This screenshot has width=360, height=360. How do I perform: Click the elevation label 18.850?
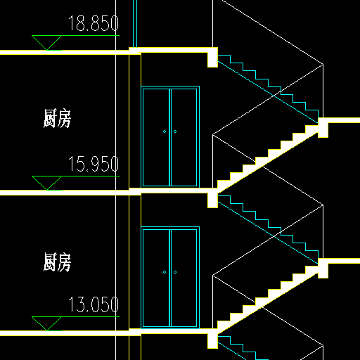pos(94,23)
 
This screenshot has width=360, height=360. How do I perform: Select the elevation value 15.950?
pos(94,164)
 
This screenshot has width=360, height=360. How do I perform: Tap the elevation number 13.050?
pos(94,304)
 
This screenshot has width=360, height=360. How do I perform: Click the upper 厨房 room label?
pos(57,118)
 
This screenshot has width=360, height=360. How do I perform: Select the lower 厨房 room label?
pos(57,262)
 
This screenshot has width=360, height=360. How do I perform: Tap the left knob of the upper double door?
pos(165,131)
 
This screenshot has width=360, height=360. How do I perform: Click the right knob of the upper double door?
pos(175,131)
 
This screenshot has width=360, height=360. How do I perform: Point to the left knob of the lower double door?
pos(165,272)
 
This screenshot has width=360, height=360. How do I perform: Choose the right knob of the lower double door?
pos(175,272)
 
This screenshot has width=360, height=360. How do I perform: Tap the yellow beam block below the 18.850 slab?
pos(212,60)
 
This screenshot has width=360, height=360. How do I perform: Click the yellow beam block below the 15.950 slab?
pos(212,200)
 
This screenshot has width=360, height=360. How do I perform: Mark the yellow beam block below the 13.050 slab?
pos(212,341)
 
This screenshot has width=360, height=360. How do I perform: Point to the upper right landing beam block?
pos(323,130)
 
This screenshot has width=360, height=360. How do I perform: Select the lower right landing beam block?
pos(323,271)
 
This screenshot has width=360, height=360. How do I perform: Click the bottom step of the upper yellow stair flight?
pos(224,184)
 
